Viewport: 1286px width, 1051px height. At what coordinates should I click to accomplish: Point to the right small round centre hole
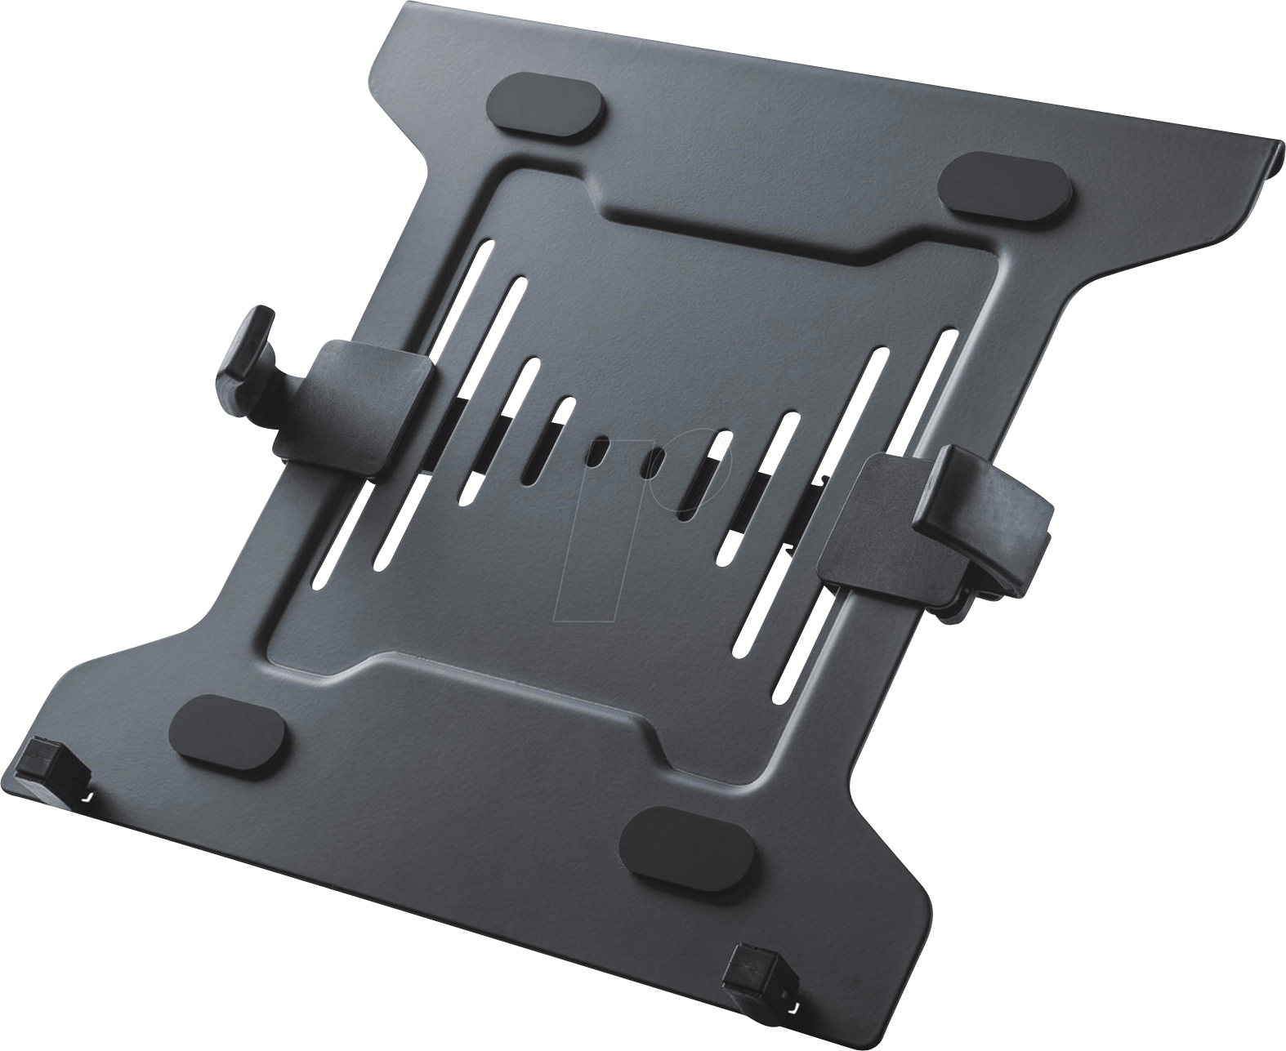(x=654, y=462)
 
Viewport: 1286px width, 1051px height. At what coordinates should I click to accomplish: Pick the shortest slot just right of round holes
(x=703, y=474)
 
